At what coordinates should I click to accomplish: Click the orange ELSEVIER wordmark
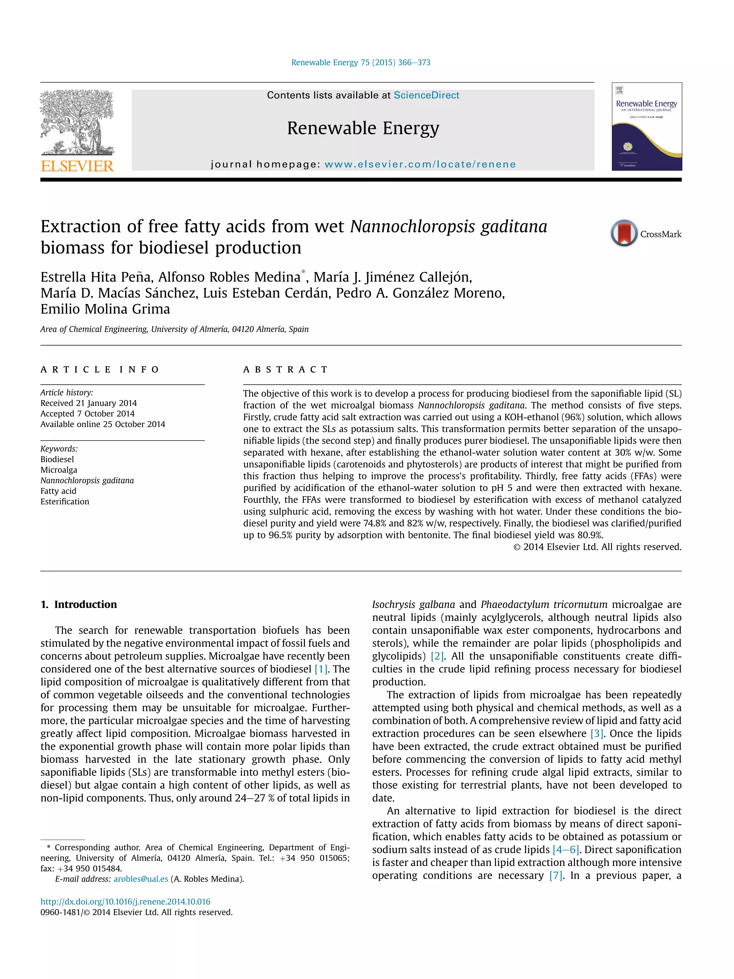pyautogui.click(x=77, y=166)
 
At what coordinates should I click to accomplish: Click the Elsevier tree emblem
pyautogui.click(x=77, y=122)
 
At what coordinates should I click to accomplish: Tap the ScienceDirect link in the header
pyautogui.click(x=426, y=95)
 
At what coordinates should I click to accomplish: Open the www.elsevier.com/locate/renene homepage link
pyautogui.click(x=420, y=164)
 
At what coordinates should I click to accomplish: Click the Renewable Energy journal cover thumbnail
pyautogui.click(x=647, y=127)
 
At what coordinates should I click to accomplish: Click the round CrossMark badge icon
pyautogui.click(x=624, y=233)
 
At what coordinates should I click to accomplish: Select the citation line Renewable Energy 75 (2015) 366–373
pyautogui.click(x=361, y=62)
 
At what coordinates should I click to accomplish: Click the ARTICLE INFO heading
pyautogui.click(x=100, y=370)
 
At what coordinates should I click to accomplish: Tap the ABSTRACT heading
pyautogui.click(x=285, y=370)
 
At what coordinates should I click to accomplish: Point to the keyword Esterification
pyautogui.click(x=65, y=502)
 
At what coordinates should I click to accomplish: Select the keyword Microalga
pyautogui.click(x=59, y=470)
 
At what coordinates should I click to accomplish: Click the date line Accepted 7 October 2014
pyautogui.click(x=87, y=413)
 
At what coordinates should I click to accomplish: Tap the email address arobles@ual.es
pyautogui.click(x=141, y=879)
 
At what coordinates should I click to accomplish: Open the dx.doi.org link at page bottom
pyautogui.click(x=125, y=902)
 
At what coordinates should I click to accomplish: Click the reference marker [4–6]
pyautogui.click(x=566, y=849)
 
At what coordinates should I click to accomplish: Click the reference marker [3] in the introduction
pyautogui.click(x=597, y=733)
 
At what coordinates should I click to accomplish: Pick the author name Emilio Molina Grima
pyautogui.click(x=105, y=309)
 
